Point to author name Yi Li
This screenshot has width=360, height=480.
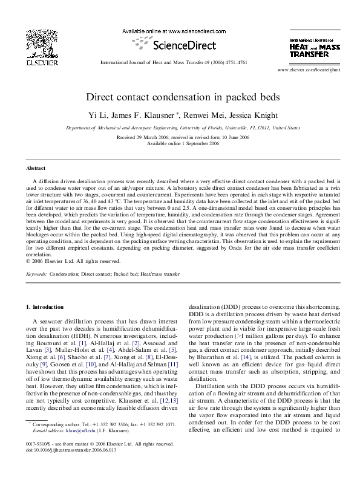pyautogui.click(x=114, y=115)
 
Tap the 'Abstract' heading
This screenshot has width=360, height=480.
pyautogui.click(x=36, y=167)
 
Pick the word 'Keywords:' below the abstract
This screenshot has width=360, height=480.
pyautogui.click(x=36, y=274)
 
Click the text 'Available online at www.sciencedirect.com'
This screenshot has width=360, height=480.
pyautogui.click(x=174, y=31)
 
